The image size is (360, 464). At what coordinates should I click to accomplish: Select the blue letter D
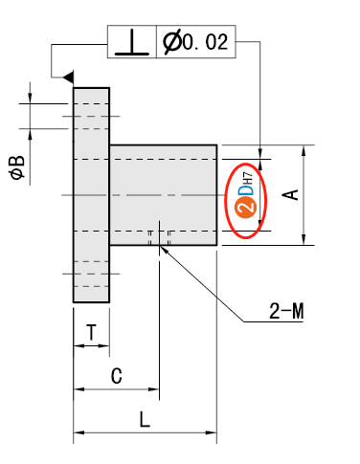(245, 188)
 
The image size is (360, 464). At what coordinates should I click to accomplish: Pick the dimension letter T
(91, 332)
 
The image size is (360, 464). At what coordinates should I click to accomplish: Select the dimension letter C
(116, 376)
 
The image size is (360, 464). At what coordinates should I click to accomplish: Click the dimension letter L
(144, 419)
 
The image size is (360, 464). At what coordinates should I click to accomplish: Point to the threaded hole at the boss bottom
(160, 238)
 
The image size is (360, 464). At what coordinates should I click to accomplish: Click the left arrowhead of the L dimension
(78, 433)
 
